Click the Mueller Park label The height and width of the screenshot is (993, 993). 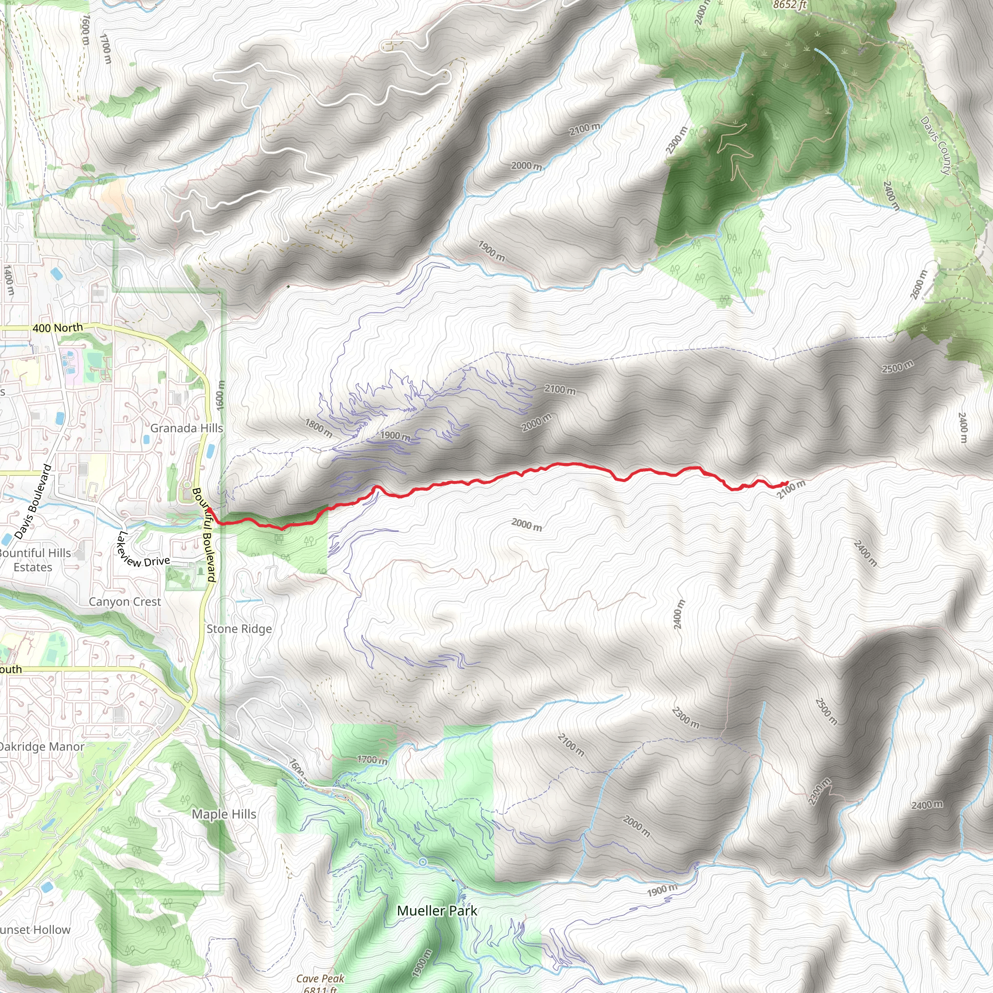coord(437,911)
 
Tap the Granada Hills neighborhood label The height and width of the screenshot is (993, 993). coord(187,428)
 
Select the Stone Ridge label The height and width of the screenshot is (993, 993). coord(239,628)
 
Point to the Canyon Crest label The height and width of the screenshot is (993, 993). coord(125,601)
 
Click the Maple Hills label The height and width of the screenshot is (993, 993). coord(224,814)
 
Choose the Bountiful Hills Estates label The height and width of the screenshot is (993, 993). coord(34,560)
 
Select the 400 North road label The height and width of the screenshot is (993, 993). coord(57,327)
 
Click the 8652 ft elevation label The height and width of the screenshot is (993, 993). coord(790,5)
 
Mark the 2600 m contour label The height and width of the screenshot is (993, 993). coord(918,284)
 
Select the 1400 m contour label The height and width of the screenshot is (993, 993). coord(9,280)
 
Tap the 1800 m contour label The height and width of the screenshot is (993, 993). coord(318,428)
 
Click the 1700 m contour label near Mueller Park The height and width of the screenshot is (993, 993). coord(372,760)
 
